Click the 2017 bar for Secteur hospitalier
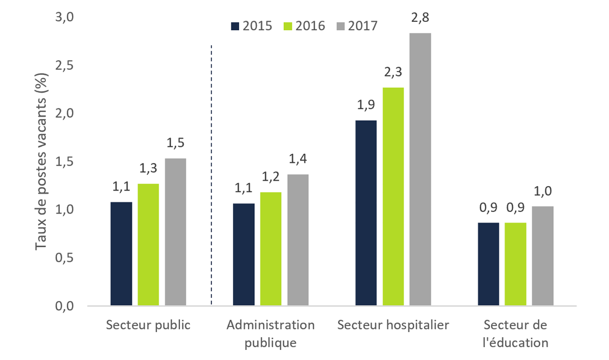pyautogui.click(x=420, y=169)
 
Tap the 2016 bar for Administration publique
pyautogui.click(x=271, y=249)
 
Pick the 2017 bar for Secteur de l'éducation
pyautogui.click(x=543, y=256)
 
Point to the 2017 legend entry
pyautogui.click(x=357, y=26)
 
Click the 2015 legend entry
pyautogui.click(x=250, y=26)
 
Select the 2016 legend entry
pyautogui.click(x=304, y=26)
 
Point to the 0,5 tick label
pyautogui.click(x=66, y=258)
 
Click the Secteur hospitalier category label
pyautogui.click(x=393, y=325)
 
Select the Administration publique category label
pyautogui.click(x=271, y=333)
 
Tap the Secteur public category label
pyautogui.click(x=148, y=325)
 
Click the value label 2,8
pyautogui.click(x=420, y=19)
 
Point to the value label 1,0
pyautogui.click(x=543, y=192)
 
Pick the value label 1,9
pyautogui.click(x=365, y=106)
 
